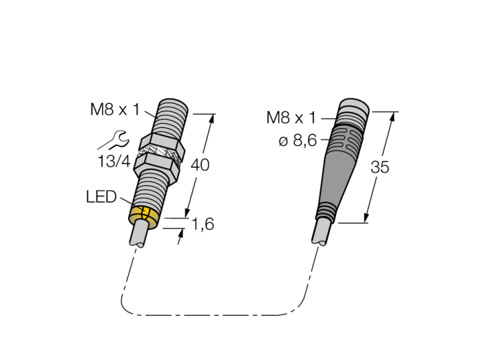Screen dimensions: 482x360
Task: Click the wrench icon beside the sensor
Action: tap(113, 140)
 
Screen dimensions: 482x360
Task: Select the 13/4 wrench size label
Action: tap(114, 161)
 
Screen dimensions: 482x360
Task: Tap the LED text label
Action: tap(101, 197)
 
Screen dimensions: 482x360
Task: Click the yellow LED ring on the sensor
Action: tap(144, 217)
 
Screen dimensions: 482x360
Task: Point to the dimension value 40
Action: tap(200, 165)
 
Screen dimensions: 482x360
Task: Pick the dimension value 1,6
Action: tap(202, 224)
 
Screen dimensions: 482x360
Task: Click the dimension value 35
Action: tap(380, 167)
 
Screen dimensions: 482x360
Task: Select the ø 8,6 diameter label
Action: tap(297, 140)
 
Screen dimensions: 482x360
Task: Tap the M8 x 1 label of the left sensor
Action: tap(115, 109)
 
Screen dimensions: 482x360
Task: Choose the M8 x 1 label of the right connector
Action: tap(291, 118)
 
